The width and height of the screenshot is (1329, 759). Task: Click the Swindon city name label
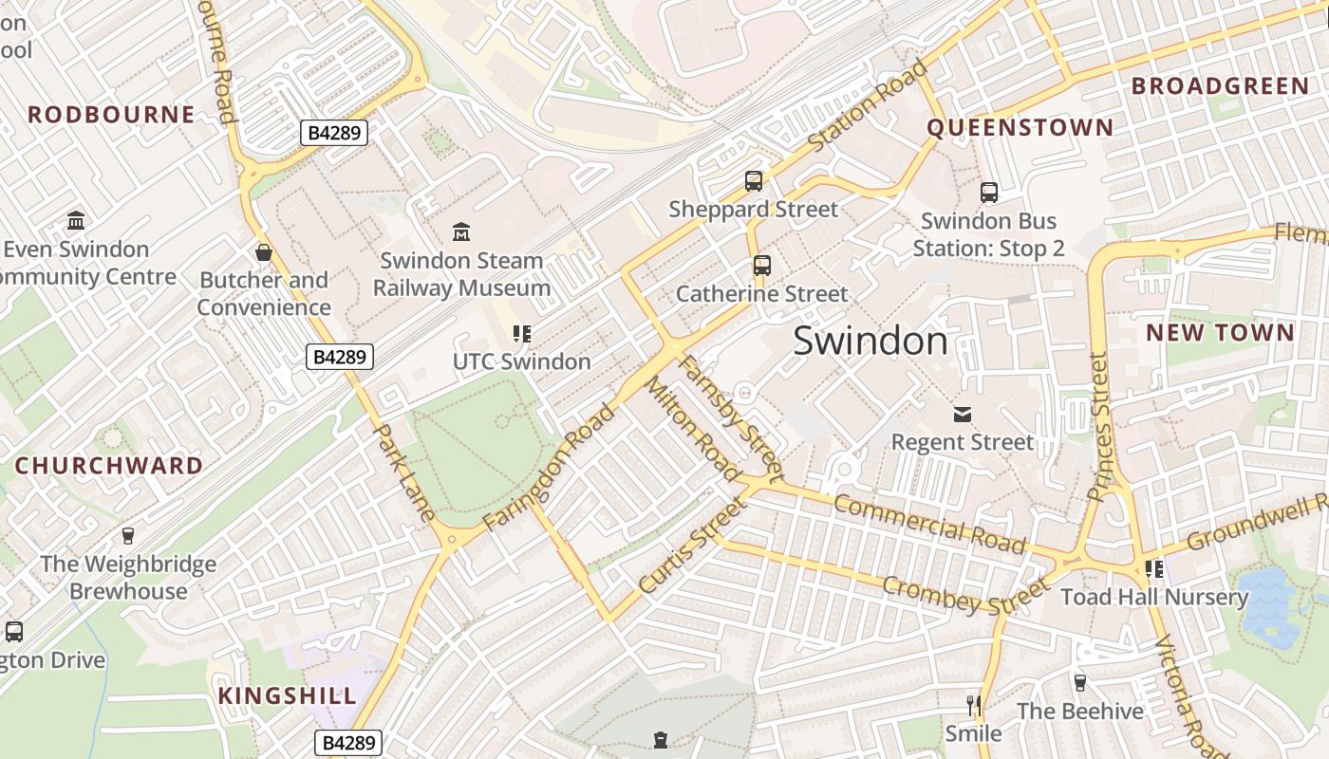(870, 341)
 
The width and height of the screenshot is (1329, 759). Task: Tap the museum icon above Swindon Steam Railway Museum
(461, 231)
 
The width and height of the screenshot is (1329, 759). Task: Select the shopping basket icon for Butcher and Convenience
(264, 252)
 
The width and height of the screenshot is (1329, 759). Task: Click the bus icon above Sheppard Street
(754, 180)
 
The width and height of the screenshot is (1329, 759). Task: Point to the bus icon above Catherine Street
(761, 265)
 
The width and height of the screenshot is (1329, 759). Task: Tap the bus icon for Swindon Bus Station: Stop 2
(988, 193)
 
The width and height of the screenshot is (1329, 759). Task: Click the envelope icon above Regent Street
(963, 414)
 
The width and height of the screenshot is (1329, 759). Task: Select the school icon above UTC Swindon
(521, 333)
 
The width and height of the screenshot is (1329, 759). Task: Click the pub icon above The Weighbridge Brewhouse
(128, 536)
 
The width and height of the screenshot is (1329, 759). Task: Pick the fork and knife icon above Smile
(973, 705)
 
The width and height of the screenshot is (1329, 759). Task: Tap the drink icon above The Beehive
(1079, 682)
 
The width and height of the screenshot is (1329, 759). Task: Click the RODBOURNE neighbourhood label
(111, 115)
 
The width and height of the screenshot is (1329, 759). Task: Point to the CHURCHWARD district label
(109, 466)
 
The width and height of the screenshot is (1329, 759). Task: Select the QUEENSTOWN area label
(1020, 127)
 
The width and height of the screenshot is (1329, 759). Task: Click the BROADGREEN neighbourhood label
(1220, 86)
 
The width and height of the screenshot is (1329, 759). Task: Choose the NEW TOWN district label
(1220, 332)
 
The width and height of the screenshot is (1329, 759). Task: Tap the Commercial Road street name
(929, 523)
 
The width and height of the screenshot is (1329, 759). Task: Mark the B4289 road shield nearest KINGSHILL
(347, 742)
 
